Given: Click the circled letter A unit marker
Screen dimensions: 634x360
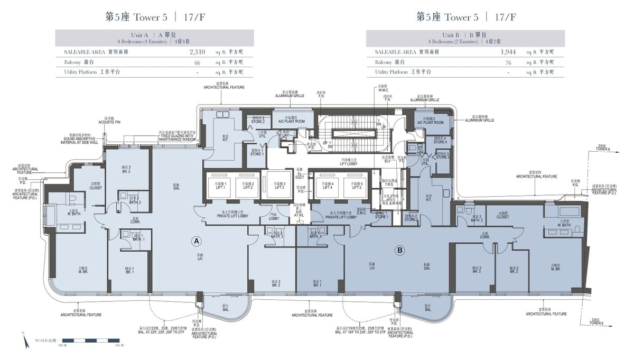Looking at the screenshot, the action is coord(197,242).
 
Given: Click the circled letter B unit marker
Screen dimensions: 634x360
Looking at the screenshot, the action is coord(400,251).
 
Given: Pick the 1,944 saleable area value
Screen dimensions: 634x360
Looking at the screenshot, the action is coord(507,52).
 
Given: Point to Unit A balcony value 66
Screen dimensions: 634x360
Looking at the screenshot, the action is coord(197,62).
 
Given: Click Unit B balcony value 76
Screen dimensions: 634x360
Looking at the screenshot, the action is coord(508,62).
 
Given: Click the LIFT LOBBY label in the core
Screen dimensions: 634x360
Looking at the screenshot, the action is coord(349,164).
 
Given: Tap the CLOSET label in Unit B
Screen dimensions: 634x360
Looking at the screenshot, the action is coord(502,217).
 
